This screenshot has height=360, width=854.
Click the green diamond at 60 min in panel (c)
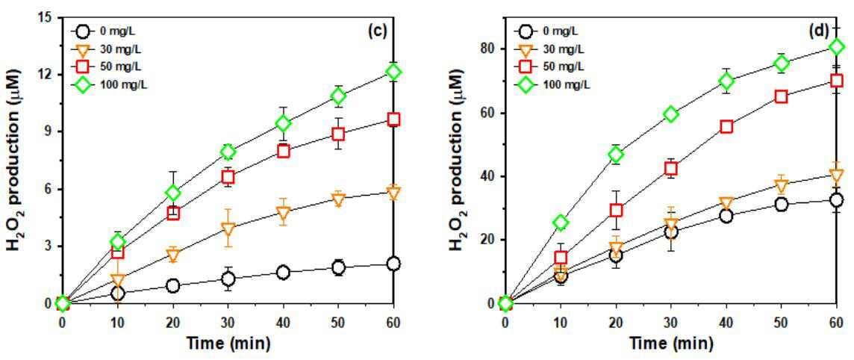point(393,72)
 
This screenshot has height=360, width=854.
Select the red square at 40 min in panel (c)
point(283,151)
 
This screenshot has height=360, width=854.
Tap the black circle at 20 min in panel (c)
point(172,286)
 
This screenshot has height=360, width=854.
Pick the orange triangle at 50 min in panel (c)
point(338,200)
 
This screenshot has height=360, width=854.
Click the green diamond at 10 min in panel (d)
point(561,223)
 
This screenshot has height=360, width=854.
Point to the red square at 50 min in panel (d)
point(782,96)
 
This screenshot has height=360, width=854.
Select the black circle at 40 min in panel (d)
point(726,216)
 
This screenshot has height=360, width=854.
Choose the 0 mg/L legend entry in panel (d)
point(551,31)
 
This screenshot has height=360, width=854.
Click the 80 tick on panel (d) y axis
point(489,49)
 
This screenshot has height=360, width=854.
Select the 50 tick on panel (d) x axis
point(782,321)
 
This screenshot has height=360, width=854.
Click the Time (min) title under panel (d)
point(670,344)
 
